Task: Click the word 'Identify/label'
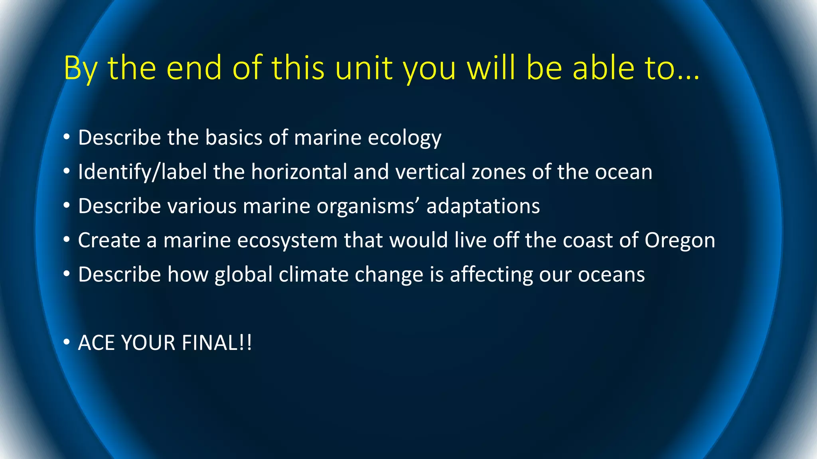[x=142, y=172]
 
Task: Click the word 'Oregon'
[x=680, y=241]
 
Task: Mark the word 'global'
[x=243, y=275]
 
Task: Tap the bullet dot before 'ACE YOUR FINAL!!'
[x=67, y=342]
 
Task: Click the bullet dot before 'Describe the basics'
[x=67, y=137]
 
